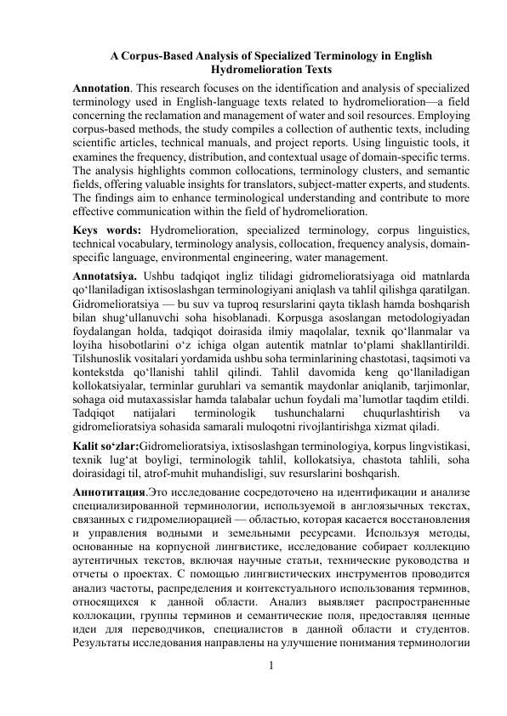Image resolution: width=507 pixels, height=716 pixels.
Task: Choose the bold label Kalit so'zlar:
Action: pos(106,446)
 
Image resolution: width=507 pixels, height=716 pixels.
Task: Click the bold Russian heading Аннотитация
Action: pos(109,492)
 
